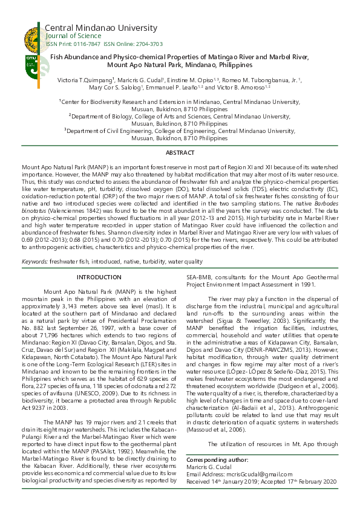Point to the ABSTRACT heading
click(180, 153)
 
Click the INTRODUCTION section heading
click(99, 277)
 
